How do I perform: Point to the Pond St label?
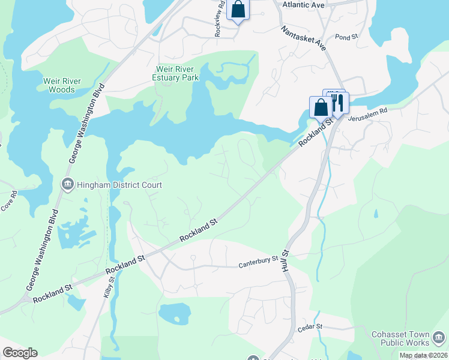pyautogui.click(x=346, y=37)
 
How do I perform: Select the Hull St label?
pyautogui.click(x=285, y=261)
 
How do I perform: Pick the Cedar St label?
pyautogui.click(x=310, y=327)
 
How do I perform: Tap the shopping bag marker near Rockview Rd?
pyautogui.click(x=238, y=9)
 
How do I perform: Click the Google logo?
pyautogui.click(x=20, y=353)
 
